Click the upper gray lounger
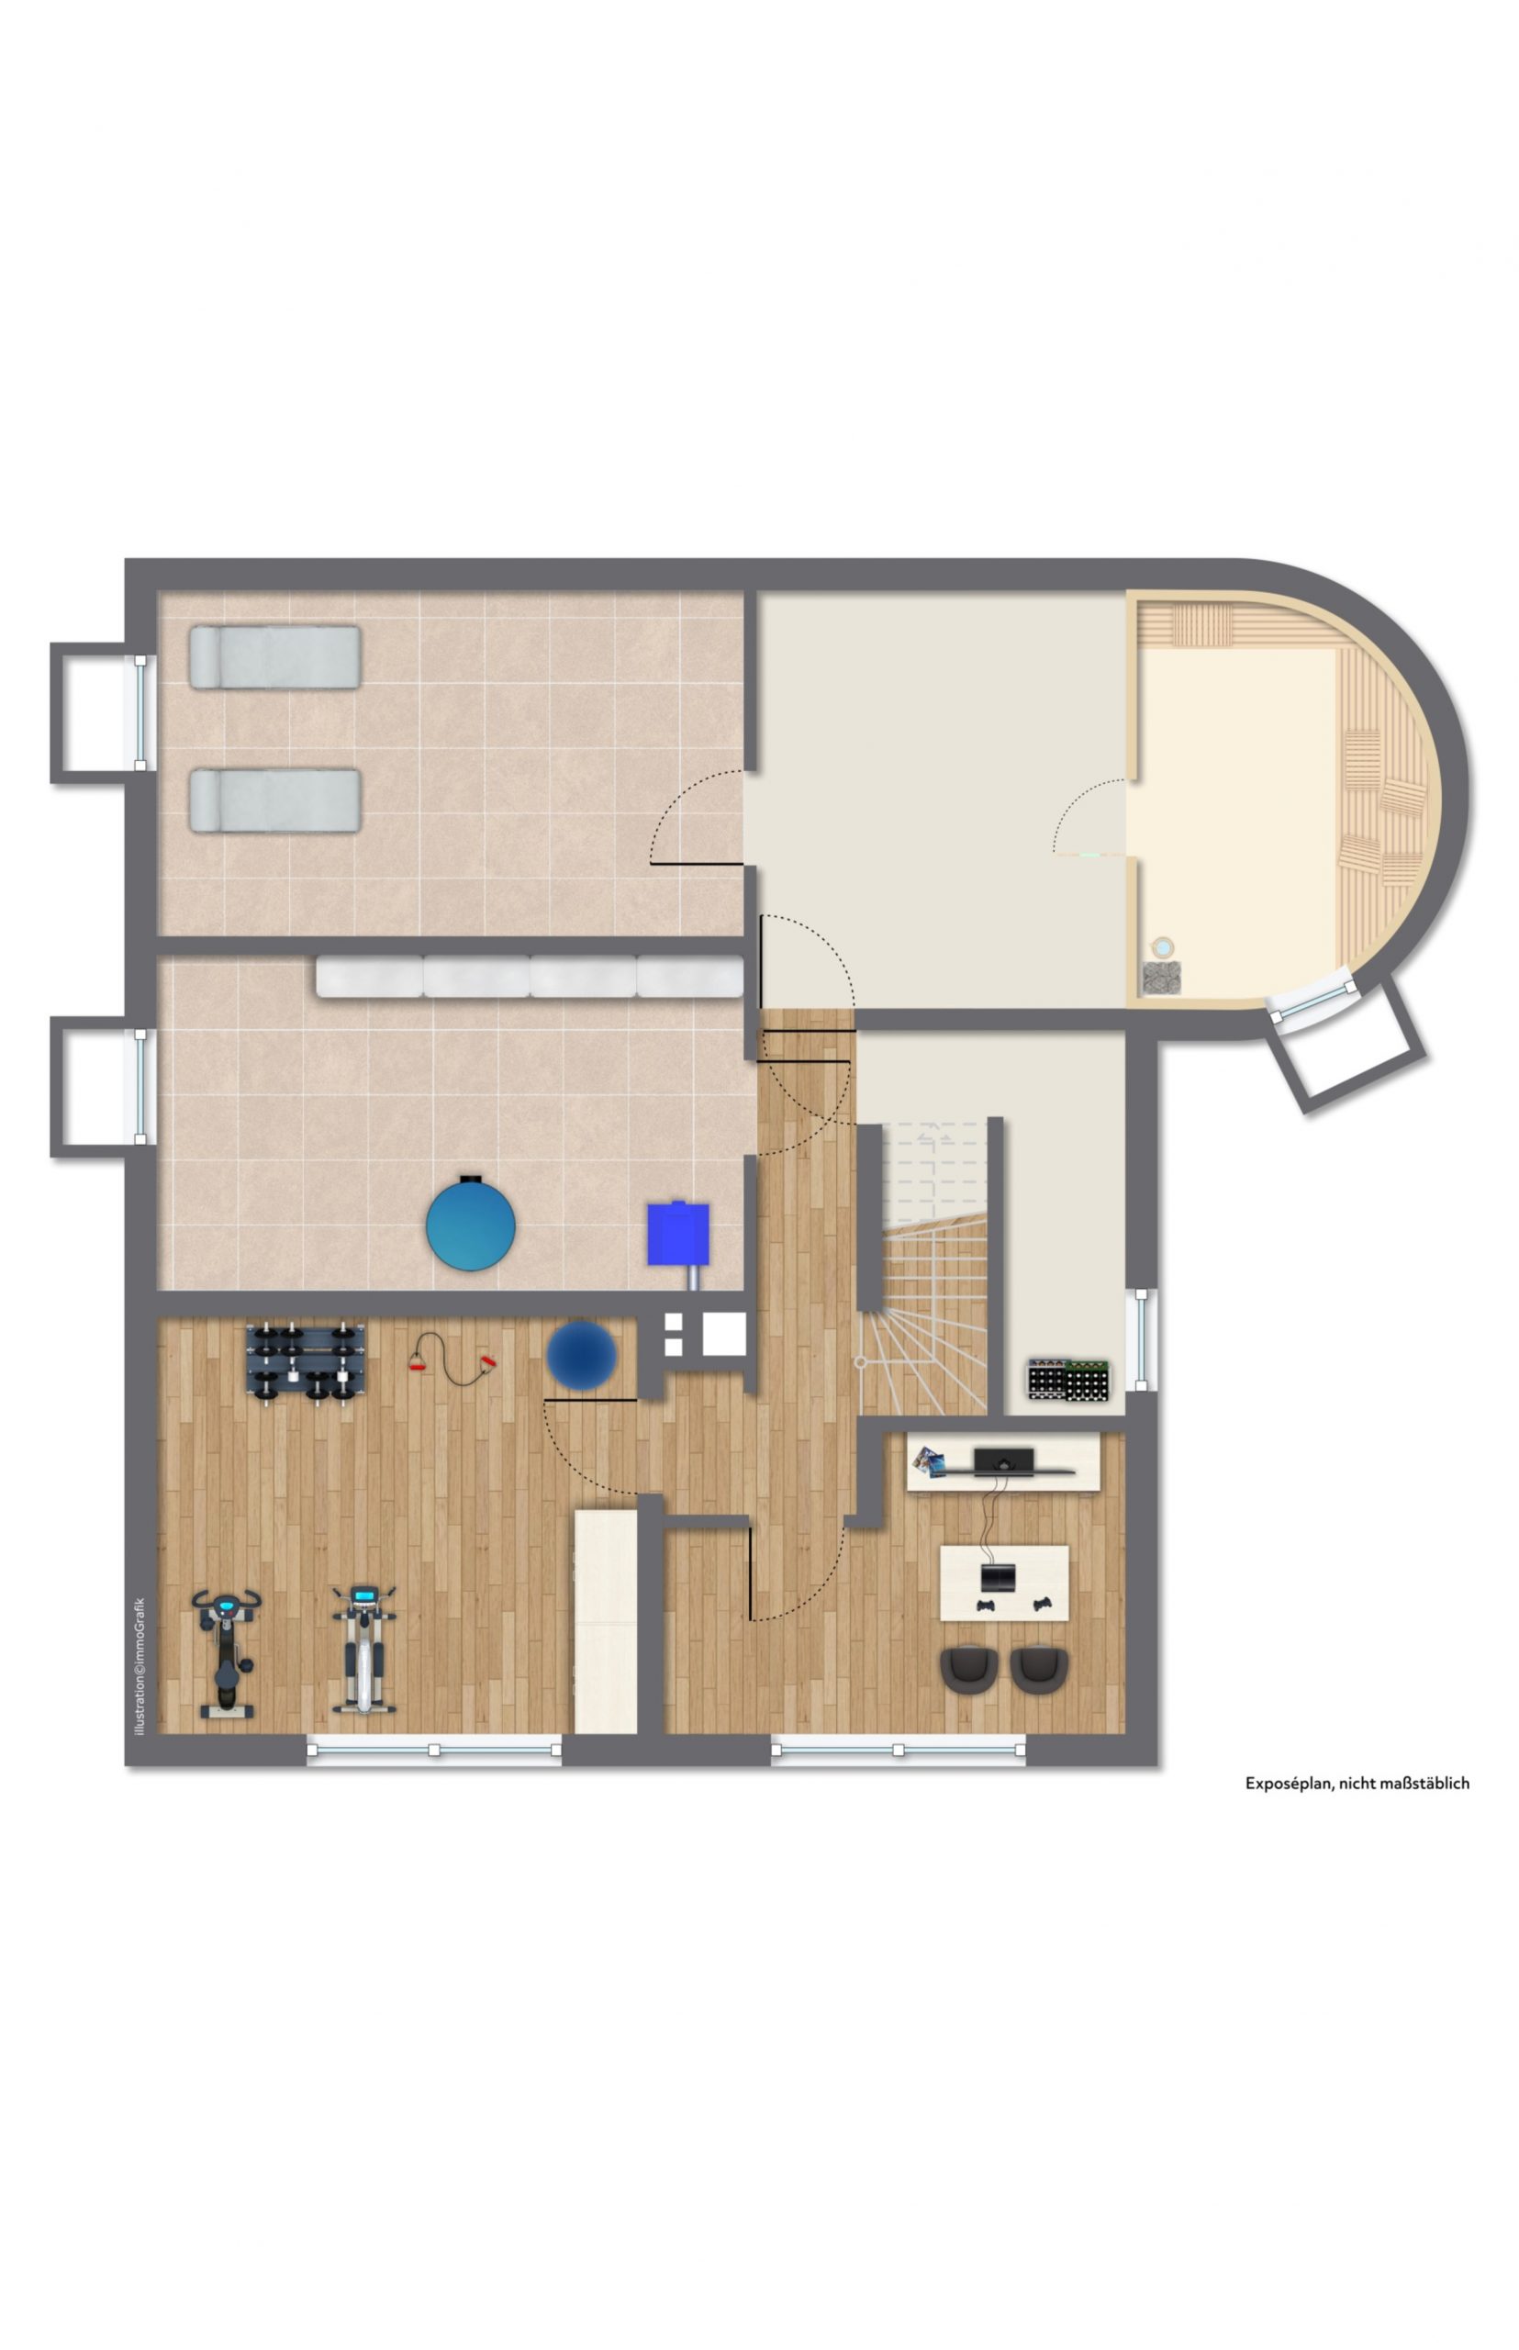tap(275, 657)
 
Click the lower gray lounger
tap(275, 800)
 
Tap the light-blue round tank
tap(471, 1224)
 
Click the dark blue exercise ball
tap(582, 1357)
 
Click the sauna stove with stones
tap(1162, 977)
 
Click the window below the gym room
tap(434, 1749)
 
